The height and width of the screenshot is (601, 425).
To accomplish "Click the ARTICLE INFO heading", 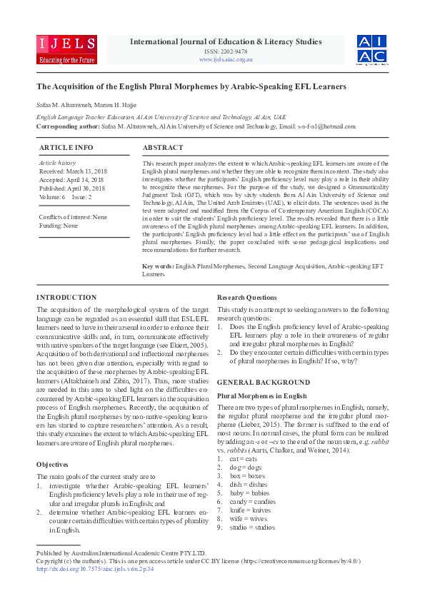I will coord(66,148).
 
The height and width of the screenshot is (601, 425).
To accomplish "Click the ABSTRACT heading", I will coord(163,148).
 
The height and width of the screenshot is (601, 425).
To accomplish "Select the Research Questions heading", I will coord(248,298).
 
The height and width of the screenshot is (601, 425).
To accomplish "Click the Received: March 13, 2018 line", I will coord(73,172).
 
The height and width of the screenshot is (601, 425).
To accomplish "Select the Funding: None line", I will coord(59,226).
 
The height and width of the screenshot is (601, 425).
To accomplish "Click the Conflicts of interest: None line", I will coord(73,217).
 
